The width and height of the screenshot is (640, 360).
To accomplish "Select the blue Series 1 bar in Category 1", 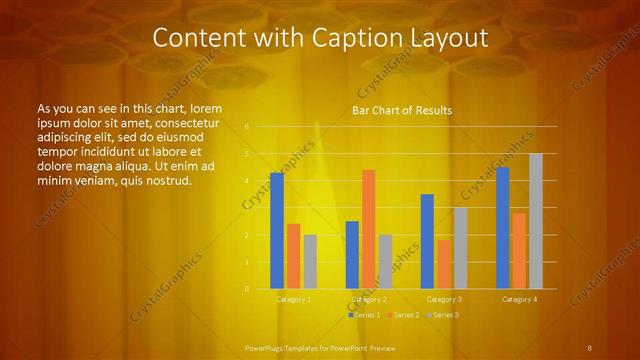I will (277, 230).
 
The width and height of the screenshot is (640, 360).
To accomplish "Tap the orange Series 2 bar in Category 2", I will (368, 229).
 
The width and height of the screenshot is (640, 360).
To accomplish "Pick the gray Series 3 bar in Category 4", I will (535, 221).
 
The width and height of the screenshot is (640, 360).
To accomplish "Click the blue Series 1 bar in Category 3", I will (427, 241).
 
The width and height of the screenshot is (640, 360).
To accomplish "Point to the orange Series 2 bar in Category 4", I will (519, 250).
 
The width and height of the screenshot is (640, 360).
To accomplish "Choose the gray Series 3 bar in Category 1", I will (310, 261).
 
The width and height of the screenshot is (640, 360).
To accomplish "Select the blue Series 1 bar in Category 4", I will (502, 228).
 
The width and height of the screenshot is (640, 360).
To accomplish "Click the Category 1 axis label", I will (293, 299).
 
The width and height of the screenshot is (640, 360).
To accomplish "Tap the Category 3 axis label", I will (444, 299).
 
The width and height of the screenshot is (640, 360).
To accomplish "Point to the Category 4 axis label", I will (519, 299).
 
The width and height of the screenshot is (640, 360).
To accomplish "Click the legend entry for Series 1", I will (366, 315).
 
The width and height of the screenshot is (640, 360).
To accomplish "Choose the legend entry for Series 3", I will (444, 315).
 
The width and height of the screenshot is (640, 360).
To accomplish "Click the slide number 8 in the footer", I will (589, 347).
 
